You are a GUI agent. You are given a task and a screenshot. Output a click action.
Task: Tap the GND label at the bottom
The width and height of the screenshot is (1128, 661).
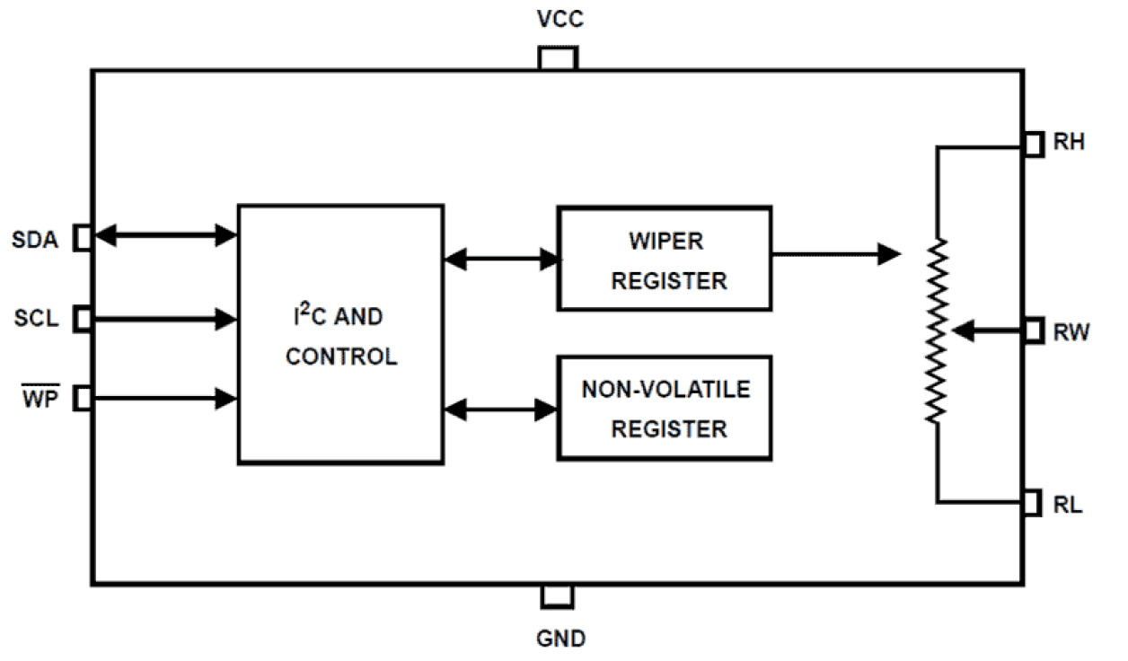[560, 639]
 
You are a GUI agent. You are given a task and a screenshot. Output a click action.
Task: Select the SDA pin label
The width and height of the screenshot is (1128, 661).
[36, 240]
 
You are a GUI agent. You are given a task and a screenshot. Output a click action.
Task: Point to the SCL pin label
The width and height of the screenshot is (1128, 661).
[37, 319]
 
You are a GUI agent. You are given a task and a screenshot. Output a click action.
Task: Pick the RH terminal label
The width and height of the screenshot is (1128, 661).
[1069, 143]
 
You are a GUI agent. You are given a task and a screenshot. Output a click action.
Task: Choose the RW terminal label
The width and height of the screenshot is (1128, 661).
[1071, 332]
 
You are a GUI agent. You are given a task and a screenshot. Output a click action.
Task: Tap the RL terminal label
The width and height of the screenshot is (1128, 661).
[1068, 505]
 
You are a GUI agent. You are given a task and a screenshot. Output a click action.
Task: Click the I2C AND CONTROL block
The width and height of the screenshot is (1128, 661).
[340, 334]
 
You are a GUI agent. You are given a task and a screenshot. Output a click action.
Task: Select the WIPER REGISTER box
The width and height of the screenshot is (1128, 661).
[664, 259]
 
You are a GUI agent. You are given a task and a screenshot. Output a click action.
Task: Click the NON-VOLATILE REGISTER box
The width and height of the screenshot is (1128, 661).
[664, 409]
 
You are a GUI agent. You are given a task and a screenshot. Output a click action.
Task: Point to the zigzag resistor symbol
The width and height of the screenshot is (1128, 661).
[937, 330]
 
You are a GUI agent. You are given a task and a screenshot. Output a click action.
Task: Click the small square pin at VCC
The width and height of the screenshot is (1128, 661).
[557, 58]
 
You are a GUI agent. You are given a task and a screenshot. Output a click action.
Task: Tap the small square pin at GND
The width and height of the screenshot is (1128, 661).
[557, 596]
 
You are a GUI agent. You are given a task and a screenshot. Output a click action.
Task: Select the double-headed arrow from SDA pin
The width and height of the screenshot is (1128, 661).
[165, 236]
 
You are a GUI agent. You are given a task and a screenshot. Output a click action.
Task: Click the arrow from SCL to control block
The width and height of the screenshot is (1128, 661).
[165, 317]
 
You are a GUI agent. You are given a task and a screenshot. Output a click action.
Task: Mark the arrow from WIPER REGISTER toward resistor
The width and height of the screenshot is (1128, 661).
[835, 254]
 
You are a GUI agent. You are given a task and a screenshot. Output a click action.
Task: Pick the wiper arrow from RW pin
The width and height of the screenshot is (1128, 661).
[988, 331]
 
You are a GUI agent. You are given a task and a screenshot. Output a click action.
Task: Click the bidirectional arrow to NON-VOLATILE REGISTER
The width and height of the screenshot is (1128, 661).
[501, 410]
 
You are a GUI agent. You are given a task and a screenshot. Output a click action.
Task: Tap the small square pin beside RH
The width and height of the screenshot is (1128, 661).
[1034, 144]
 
